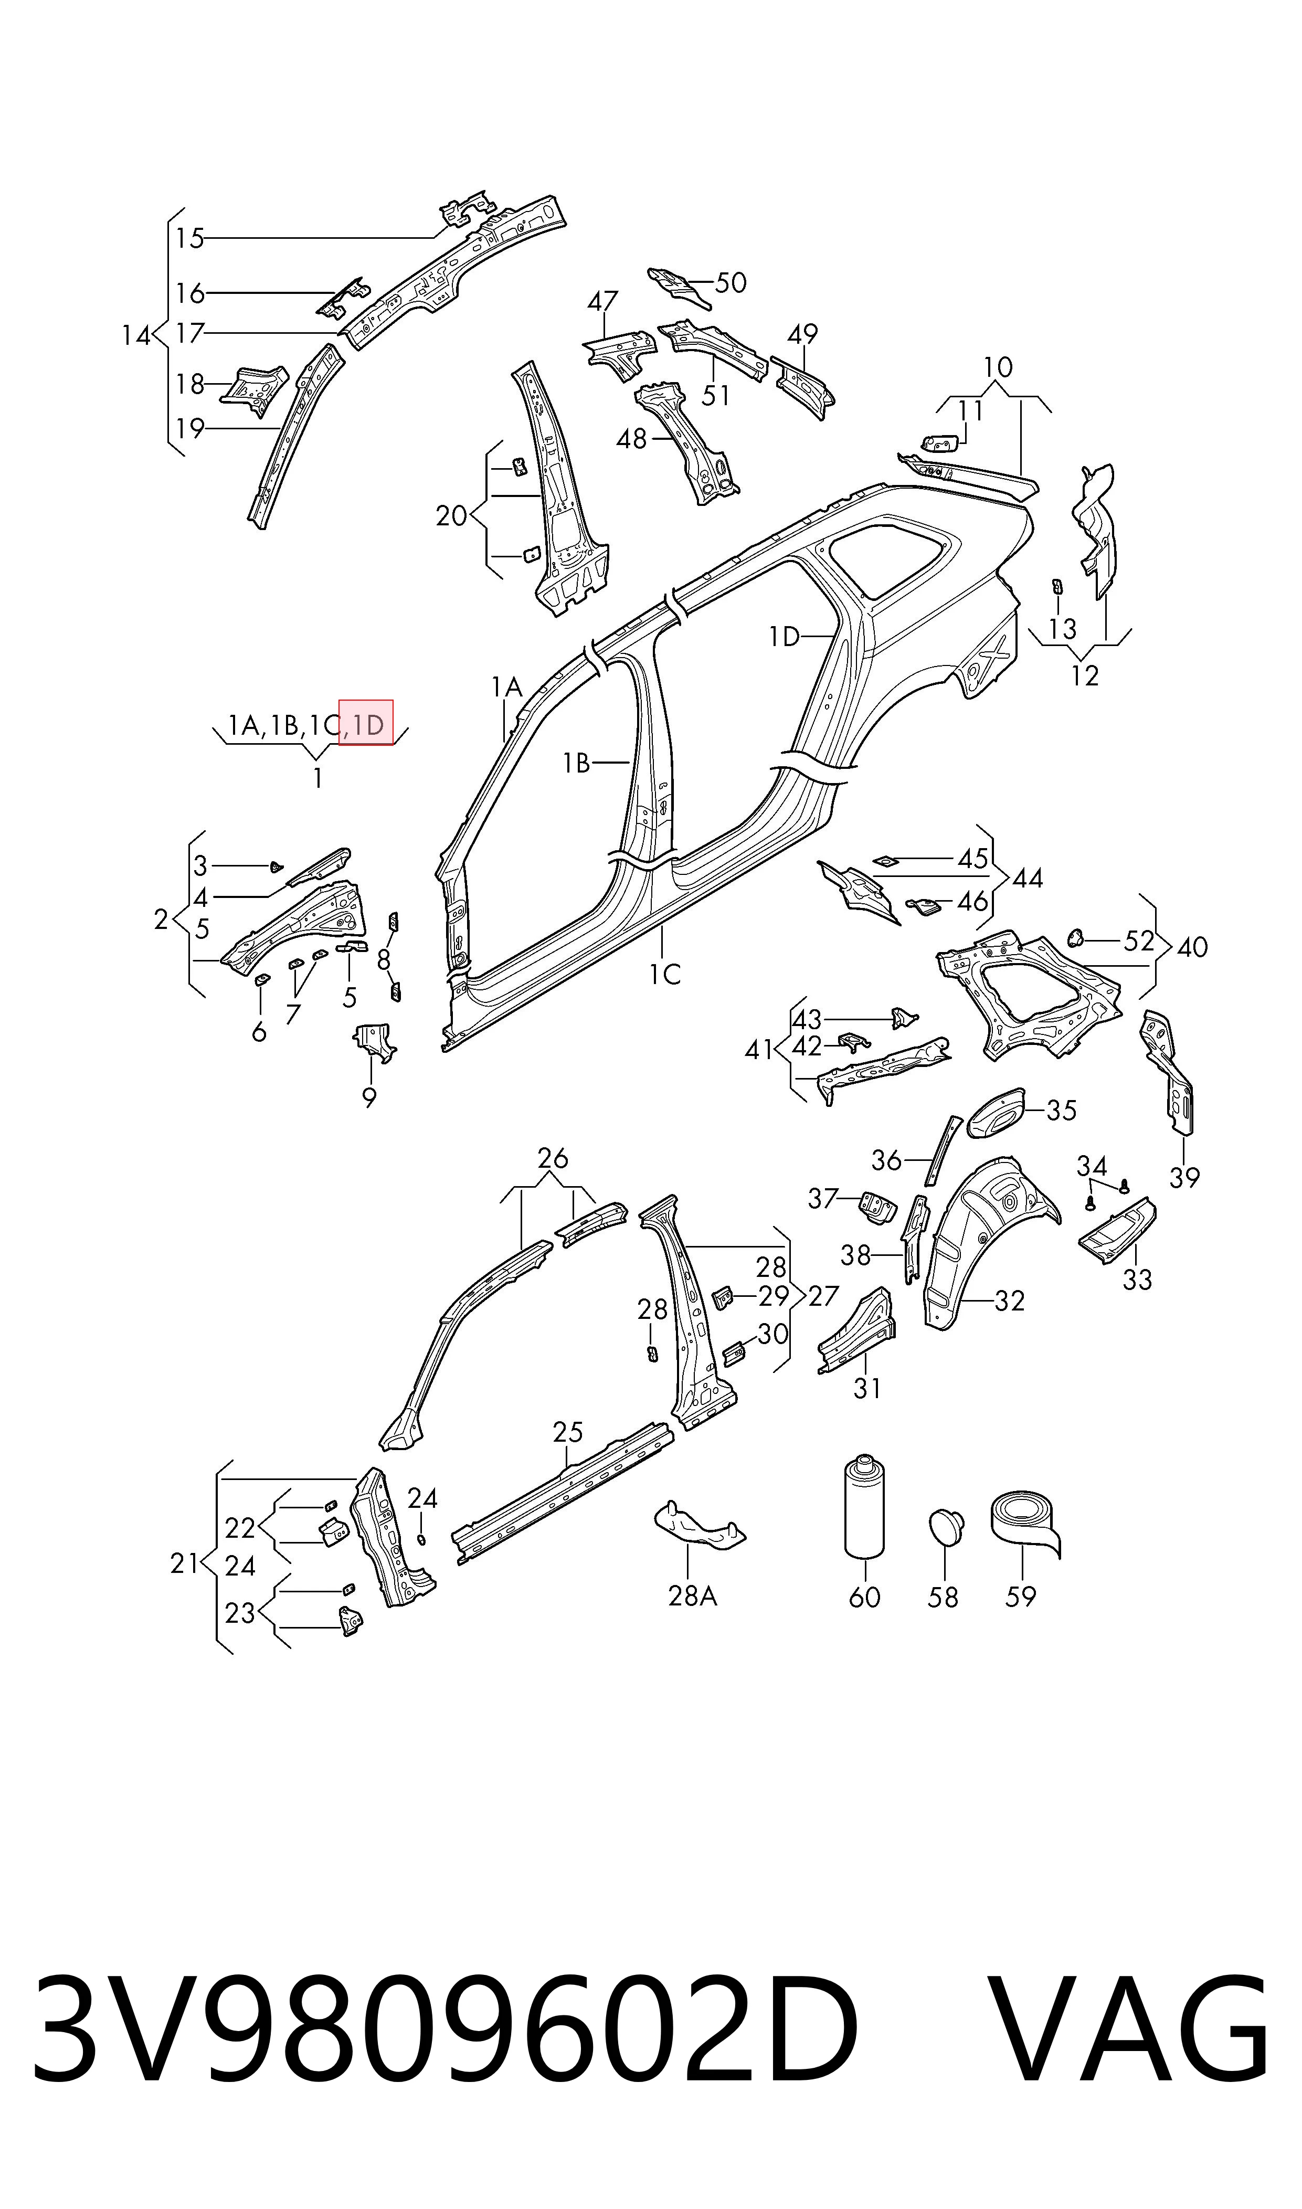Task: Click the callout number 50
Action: [731, 282]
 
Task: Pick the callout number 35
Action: [1062, 1110]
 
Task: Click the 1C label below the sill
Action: [665, 974]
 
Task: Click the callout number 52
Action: [1139, 940]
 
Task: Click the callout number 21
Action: [184, 1562]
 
